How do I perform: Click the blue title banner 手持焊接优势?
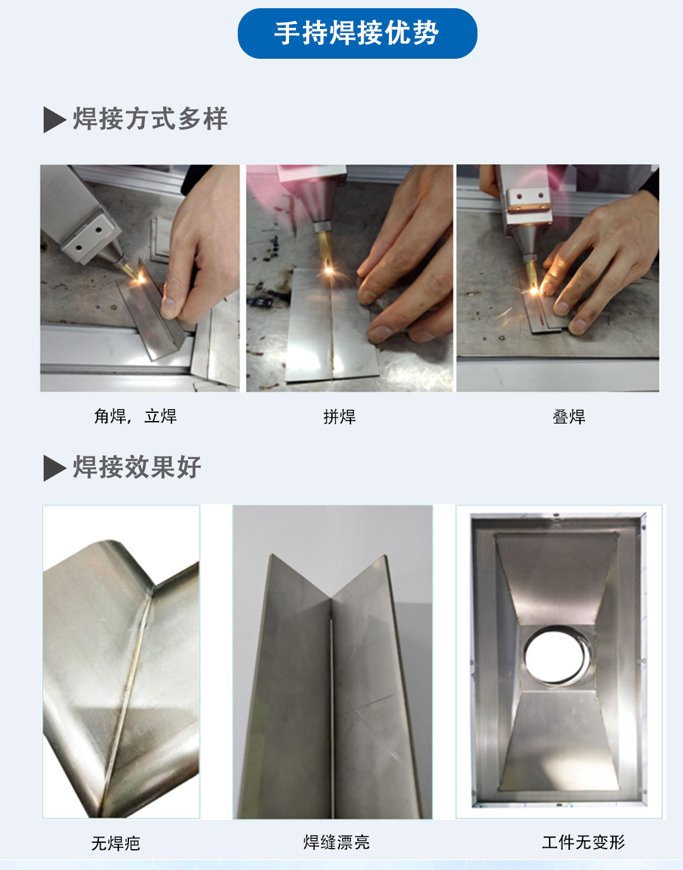click(357, 34)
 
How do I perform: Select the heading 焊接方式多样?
click(150, 119)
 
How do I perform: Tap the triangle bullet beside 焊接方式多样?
click(54, 119)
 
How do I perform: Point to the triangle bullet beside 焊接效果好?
click(54, 468)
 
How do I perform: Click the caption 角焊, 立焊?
click(135, 416)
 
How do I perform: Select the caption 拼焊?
click(340, 417)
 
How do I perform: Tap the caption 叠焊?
click(569, 417)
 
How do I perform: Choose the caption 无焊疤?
click(116, 843)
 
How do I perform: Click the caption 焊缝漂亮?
click(336, 842)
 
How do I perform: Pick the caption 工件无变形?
click(583, 842)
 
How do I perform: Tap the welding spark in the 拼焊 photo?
click(329, 270)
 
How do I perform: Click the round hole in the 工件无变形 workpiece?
click(557, 655)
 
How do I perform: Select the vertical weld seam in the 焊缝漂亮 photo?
click(331, 708)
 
